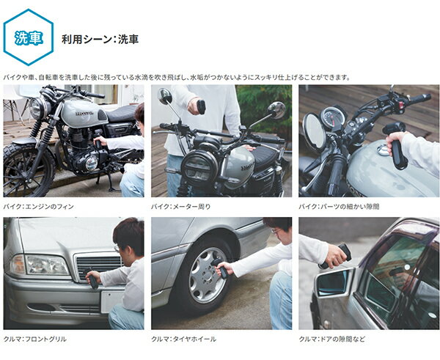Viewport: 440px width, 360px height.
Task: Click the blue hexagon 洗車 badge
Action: [x=29, y=37]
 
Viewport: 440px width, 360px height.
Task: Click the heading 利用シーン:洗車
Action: [x=100, y=39]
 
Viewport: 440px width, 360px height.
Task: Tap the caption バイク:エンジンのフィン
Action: [x=38, y=207]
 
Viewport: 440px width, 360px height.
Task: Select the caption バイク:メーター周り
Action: [x=180, y=207]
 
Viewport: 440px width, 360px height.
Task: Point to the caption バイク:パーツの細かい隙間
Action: [x=339, y=207]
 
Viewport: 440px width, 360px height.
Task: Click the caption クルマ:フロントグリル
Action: [x=35, y=339]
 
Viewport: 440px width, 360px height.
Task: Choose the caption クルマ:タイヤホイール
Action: [x=183, y=339]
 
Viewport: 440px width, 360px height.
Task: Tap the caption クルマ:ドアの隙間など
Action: [x=332, y=339]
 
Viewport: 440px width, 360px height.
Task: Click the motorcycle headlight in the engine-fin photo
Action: [x=37, y=108]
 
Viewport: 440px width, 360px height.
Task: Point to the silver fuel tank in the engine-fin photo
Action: [x=84, y=114]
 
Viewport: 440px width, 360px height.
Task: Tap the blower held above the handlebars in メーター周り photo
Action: [x=201, y=107]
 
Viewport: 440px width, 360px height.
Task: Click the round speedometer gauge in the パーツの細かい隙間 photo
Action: [x=333, y=118]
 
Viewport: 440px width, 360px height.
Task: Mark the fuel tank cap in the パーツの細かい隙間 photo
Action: [x=383, y=150]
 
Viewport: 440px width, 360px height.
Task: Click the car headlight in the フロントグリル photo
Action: [x=47, y=265]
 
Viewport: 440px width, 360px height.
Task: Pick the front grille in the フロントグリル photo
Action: [x=99, y=267]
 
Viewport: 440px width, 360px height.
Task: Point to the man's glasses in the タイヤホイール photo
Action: [x=276, y=231]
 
